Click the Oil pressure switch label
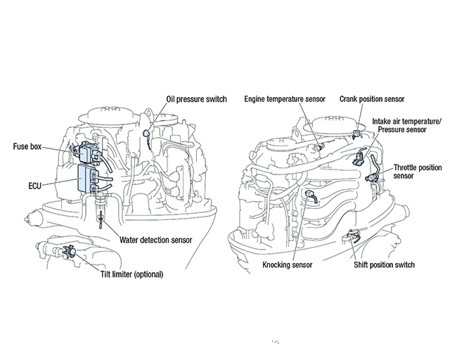(196, 99)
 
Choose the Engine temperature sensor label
(285, 99)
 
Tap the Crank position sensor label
(373, 99)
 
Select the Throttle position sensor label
(413, 172)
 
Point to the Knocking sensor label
(287, 265)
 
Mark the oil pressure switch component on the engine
(145, 131)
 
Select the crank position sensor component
(357, 131)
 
